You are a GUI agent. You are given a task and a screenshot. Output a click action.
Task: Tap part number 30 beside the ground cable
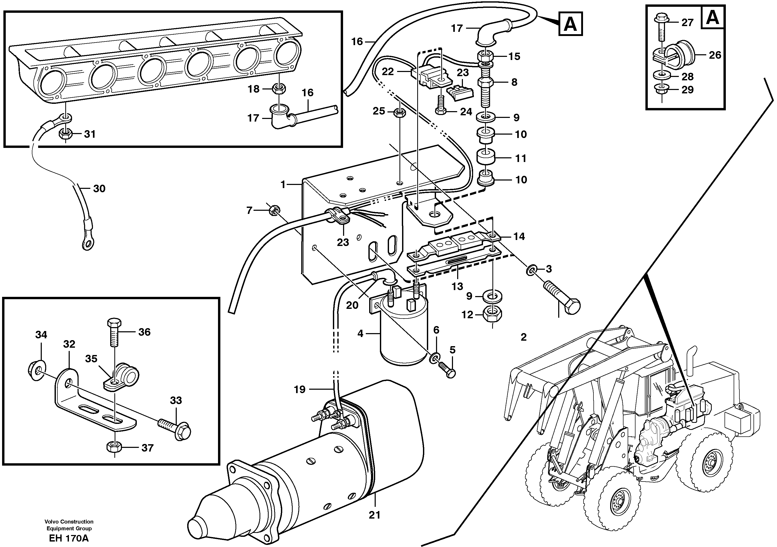(99, 189)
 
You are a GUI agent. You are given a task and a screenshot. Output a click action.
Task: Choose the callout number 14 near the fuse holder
(519, 236)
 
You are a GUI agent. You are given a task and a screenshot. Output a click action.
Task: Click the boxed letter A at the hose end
(570, 24)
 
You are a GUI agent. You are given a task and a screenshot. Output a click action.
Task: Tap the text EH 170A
(69, 538)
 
